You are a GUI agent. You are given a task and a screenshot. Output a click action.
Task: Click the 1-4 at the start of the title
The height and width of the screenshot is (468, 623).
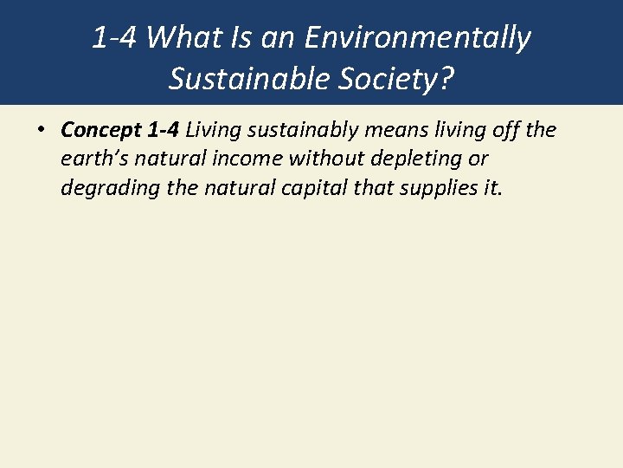point(114,38)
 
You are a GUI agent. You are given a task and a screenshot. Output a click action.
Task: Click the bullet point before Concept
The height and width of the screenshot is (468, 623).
point(41,131)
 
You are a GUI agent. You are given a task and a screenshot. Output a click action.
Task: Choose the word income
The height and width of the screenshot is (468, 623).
point(247,159)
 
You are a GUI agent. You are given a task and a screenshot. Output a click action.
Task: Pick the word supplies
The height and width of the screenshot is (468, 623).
point(433,188)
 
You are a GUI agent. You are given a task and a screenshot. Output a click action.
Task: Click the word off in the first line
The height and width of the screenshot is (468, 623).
point(504,131)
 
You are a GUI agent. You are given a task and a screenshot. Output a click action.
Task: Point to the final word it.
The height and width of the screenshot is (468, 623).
point(491,188)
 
